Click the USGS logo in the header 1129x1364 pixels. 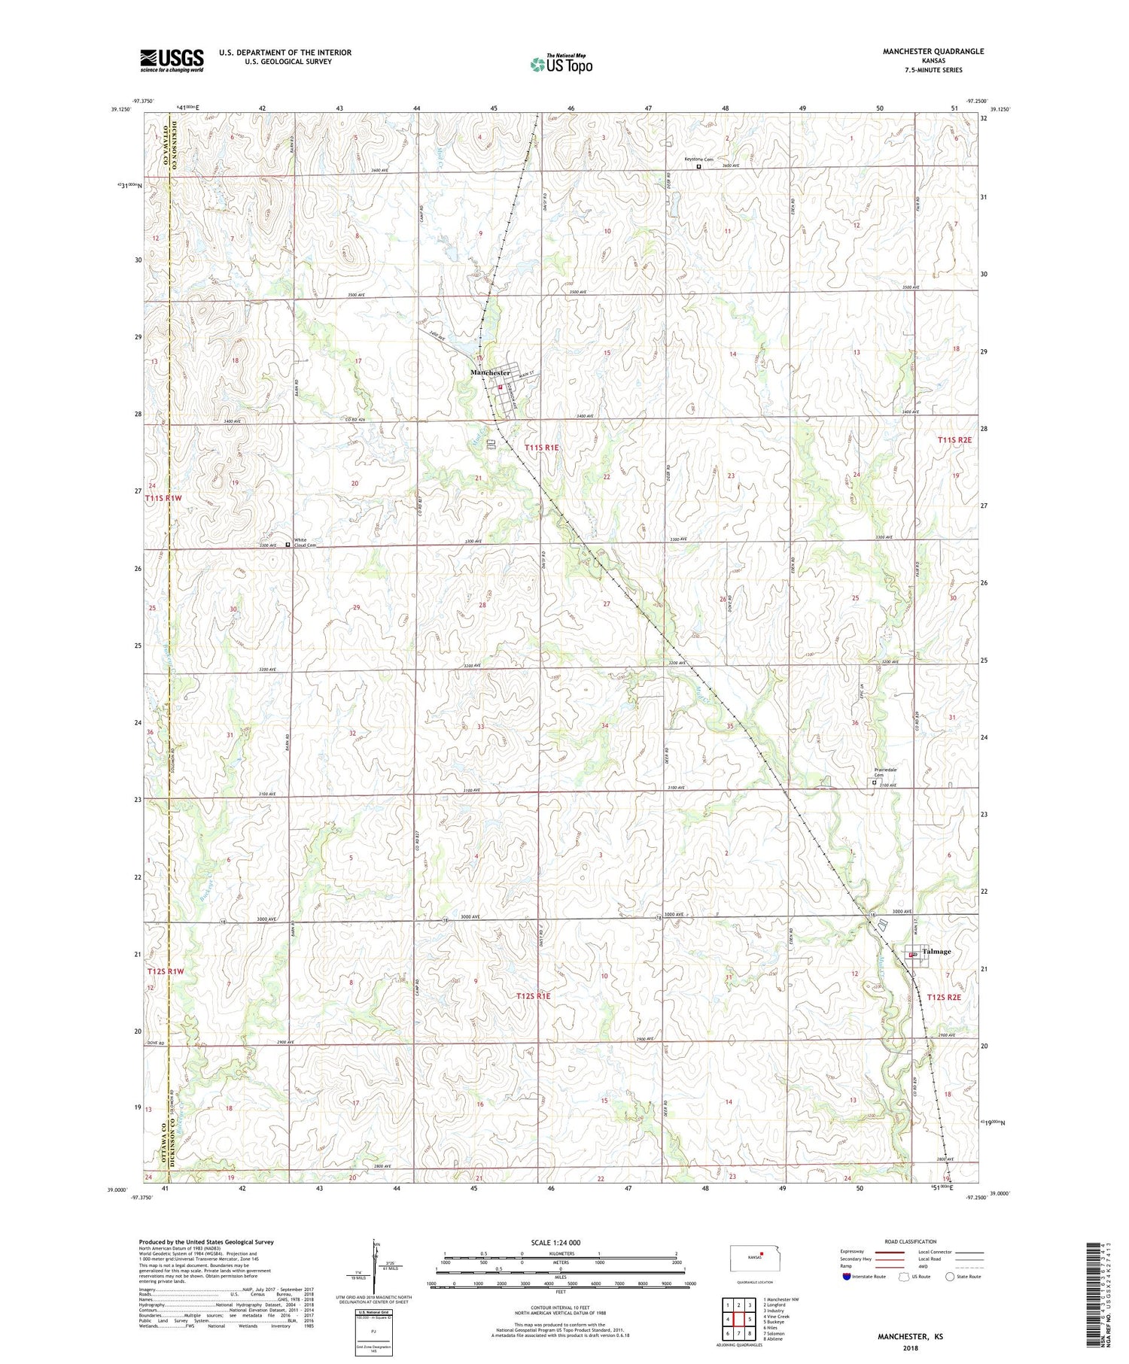click(172, 60)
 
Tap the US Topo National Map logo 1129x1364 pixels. click(561, 65)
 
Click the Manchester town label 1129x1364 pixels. click(490, 372)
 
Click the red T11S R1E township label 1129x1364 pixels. click(542, 448)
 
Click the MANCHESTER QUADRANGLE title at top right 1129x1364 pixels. click(933, 51)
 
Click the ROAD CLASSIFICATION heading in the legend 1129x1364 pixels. click(911, 1241)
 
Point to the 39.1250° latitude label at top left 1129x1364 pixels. click(120, 110)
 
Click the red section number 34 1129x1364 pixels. click(604, 725)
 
